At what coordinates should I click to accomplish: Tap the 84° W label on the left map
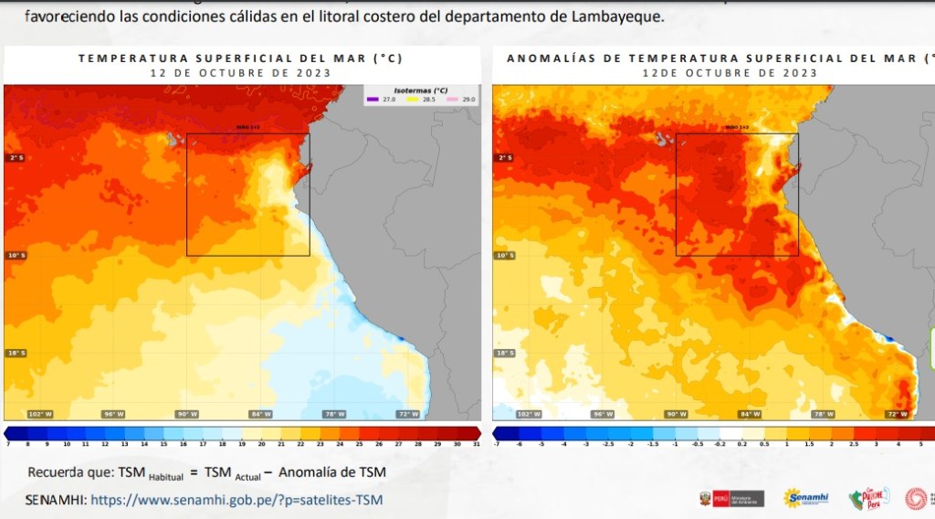pyautogui.click(x=261, y=414)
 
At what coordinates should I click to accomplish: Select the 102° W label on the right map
pyautogui.click(x=528, y=414)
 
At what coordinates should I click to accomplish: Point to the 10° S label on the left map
pyautogui.click(x=17, y=255)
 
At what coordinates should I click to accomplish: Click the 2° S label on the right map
pyautogui.click(x=504, y=158)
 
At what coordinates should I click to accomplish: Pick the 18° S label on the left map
pyautogui.click(x=17, y=353)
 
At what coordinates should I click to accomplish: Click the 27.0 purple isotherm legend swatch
pyautogui.click(x=373, y=99)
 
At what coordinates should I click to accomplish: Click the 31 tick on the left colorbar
pyautogui.click(x=477, y=443)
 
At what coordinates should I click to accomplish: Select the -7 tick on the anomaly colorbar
pyautogui.click(x=497, y=443)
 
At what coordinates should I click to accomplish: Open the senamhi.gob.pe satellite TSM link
pyautogui.click(x=236, y=500)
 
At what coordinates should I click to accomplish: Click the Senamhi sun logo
pyautogui.click(x=805, y=498)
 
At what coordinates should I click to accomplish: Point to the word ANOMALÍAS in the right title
pyautogui.click(x=547, y=58)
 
